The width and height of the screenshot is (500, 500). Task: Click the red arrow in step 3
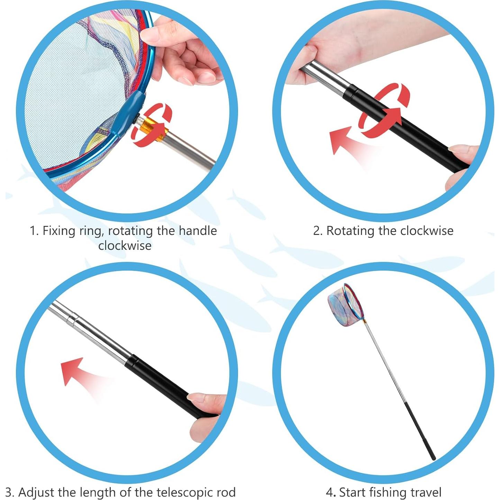coord(74,372)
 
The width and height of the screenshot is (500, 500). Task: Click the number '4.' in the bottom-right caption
coord(331,492)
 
